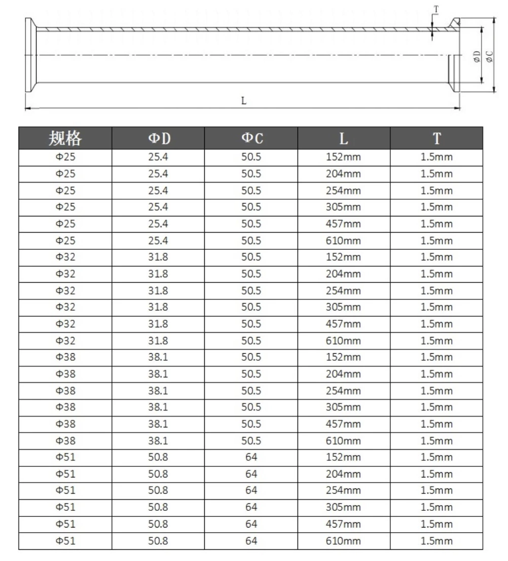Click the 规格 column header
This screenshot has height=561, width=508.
pos(65,138)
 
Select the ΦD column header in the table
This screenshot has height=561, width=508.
pos(158,138)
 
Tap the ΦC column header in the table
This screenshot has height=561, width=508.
pos(251,138)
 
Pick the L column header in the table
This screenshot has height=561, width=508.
pos(344,138)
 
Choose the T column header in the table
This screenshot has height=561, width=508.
pos(437,138)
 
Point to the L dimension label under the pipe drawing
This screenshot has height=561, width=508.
pos(243,100)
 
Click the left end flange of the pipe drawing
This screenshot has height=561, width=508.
pos(29,55)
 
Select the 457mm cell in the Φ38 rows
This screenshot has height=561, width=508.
pos(343,424)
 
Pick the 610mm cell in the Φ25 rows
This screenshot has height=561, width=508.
pos(343,241)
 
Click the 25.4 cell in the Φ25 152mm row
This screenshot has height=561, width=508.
pos(158,157)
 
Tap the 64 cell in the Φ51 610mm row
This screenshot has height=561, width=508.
pos(251,541)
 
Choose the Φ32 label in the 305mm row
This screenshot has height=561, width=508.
pos(65,307)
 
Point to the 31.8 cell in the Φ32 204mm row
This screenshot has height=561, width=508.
pos(158,274)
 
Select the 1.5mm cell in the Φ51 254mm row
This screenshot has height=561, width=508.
pos(437,491)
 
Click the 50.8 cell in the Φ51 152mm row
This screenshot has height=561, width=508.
pos(158,457)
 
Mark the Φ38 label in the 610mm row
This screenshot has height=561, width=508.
pos(65,440)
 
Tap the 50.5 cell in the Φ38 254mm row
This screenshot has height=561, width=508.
pos(251,391)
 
